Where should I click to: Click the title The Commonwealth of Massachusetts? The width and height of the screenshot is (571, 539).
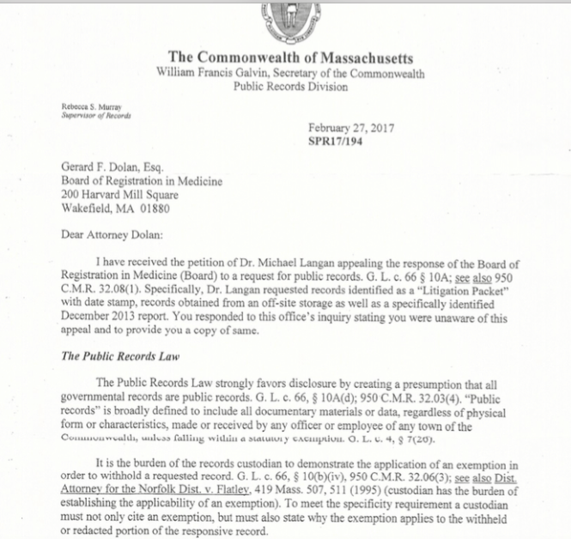(285, 58)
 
